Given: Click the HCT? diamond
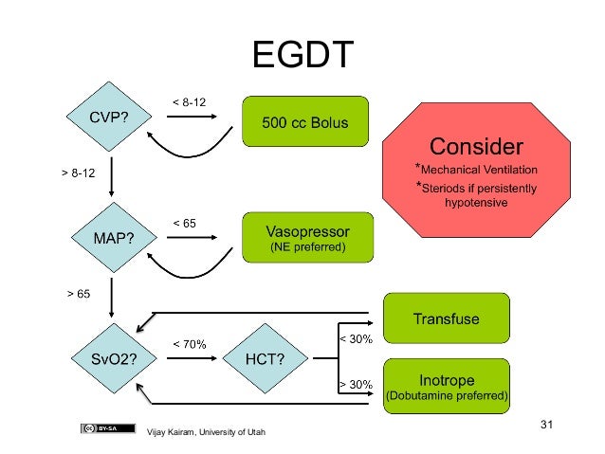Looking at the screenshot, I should pos(265,358).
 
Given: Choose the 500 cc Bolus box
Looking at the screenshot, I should pos(305,121).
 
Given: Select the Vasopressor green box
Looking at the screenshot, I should pos(305,237).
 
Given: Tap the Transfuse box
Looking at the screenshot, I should pos(446,318).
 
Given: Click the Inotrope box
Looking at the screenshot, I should pos(446,386).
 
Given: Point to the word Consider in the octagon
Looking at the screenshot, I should pos(476,147).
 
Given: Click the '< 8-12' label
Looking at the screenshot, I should pos(188,101).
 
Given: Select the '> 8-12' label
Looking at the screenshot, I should pos(77,174).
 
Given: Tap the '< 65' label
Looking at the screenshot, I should pos(184,223).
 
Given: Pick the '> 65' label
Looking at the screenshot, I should pos(78,295).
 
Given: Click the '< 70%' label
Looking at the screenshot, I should pos(189,343).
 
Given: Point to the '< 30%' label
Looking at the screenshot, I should pos(356,338).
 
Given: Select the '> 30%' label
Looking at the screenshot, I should pos(356,384).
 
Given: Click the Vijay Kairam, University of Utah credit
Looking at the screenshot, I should pos(206,433).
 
